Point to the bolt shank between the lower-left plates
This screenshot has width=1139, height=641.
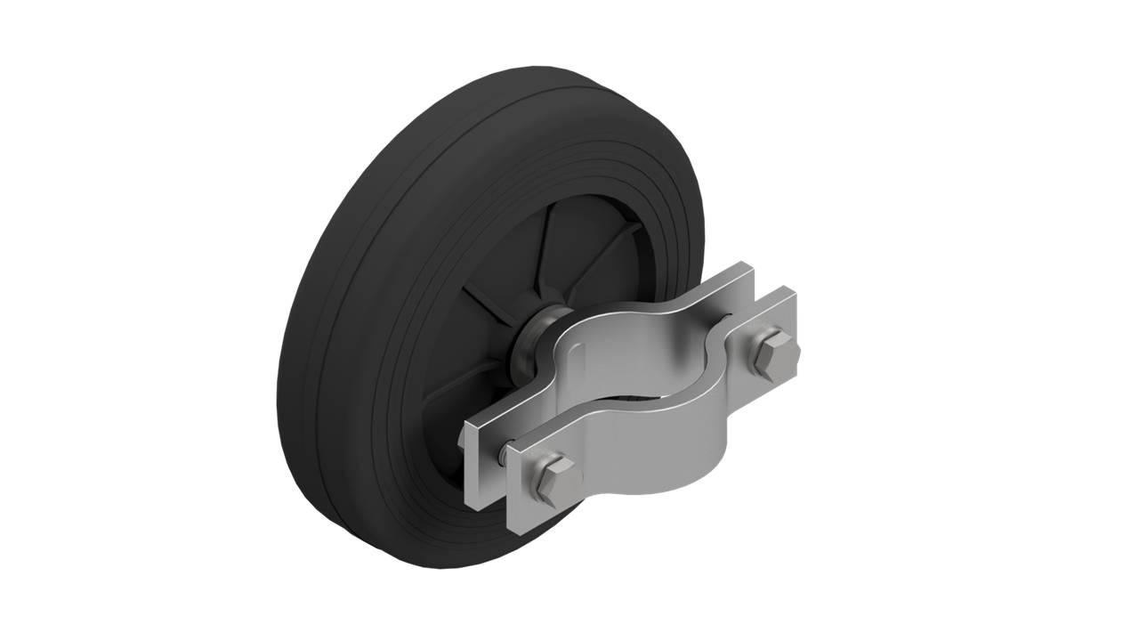(505, 455)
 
